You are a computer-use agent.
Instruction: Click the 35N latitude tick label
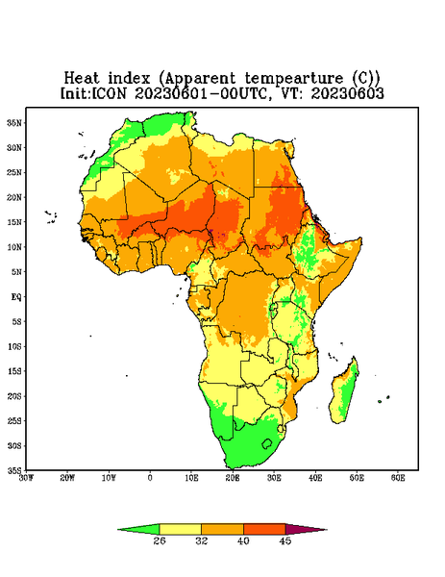click(14, 123)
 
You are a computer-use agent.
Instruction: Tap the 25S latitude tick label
click(14, 421)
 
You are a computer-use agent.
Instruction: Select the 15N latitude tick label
click(14, 222)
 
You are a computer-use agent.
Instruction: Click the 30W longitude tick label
click(26, 478)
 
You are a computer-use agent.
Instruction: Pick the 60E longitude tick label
click(398, 478)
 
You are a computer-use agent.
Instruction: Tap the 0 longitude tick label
click(150, 478)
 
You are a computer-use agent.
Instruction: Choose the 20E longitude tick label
click(233, 478)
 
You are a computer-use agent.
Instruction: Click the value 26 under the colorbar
click(160, 540)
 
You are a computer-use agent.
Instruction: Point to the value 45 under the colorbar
click(285, 540)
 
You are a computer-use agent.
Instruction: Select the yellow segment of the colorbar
click(180, 529)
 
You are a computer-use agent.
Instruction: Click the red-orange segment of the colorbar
click(264, 529)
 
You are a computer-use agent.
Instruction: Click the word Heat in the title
click(82, 79)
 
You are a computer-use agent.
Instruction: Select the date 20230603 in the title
click(348, 93)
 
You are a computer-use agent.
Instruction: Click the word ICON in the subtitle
click(109, 93)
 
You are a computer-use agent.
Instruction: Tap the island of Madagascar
click(345, 392)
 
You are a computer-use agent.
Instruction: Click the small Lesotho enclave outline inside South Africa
click(267, 443)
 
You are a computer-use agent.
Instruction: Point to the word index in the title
click(129, 79)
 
